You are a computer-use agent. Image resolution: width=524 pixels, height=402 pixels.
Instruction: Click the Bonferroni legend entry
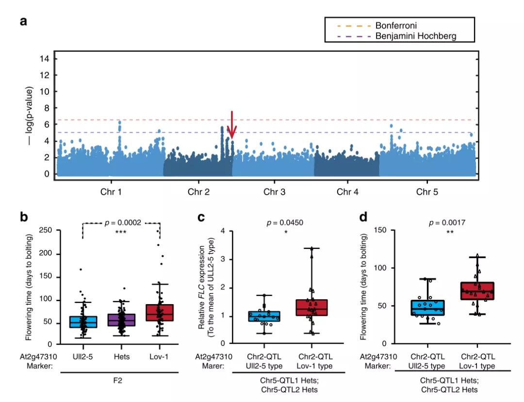pyautogui.click(x=395, y=25)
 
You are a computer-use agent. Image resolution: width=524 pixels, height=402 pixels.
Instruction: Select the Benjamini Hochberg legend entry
pyautogui.click(x=415, y=36)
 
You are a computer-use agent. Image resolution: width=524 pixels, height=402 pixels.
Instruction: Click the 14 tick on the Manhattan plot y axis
pyautogui.click(x=47, y=59)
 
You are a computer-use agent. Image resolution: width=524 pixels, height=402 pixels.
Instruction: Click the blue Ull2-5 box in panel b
pyautogui.click(x=83, y=322)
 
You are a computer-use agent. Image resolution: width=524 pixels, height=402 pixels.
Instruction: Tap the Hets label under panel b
pyautogui.click(x=121, y=355)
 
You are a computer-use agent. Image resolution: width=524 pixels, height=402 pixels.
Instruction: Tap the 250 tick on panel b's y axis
pyautogui.click(x=47, y=231)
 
